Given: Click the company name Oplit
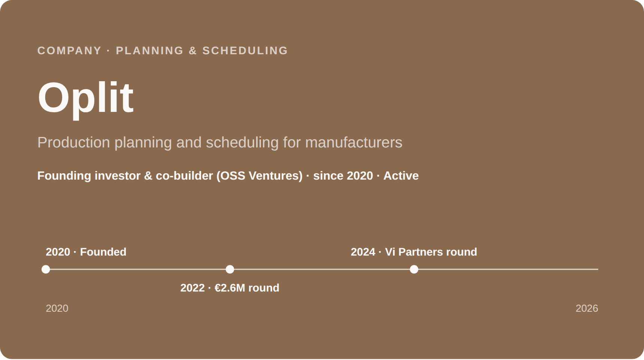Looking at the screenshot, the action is tap(85, 98).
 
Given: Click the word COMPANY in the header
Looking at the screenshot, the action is tap(69, 51).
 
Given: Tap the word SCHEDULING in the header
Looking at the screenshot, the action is tap(245, 51).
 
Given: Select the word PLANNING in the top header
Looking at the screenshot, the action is tap(150, 51).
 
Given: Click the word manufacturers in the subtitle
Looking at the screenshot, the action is tap(354, 143).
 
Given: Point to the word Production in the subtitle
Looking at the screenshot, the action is tap(74, 143).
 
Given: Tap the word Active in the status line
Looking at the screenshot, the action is tap(401, 176).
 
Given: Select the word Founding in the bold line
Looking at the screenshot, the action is tap(64, 176).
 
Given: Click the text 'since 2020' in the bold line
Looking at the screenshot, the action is tap(343, 176).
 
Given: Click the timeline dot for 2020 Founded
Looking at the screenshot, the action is tap(46, 269).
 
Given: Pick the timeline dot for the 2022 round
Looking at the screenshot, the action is tap(230, 269).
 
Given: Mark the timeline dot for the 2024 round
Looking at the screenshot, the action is tap(414, 269).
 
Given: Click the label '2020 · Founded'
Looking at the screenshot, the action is tap(86, 252).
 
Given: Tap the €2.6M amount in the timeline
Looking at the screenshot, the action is tap(230, 288).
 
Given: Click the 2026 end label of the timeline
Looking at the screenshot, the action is tap(587, 308).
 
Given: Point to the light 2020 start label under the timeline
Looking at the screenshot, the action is tap(57, 308).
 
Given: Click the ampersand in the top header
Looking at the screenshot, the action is tap(193, 51).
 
